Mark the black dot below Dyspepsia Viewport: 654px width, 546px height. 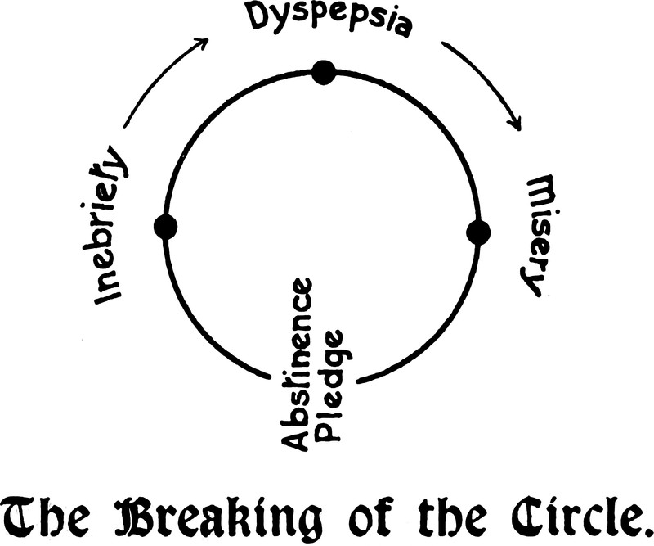pyautogui.click(x=325, y=73)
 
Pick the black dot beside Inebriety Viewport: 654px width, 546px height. pyautogui.click(x=165, y=227)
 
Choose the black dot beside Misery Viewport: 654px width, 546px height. pyautogui.click(x=478, y=232)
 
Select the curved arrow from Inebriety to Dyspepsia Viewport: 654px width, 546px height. pyautogui.click(x=159, y=80)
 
